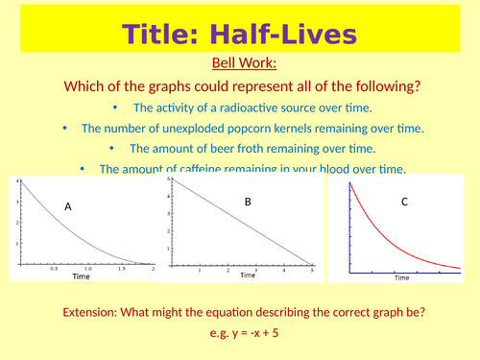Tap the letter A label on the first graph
pos(68,206)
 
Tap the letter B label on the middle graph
pos(248,202)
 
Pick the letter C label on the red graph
pos(405,202)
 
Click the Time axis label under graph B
pos(248,276)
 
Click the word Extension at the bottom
pos(96,313)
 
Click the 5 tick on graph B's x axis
pos(312,270)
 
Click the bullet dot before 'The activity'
pos(117,108)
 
